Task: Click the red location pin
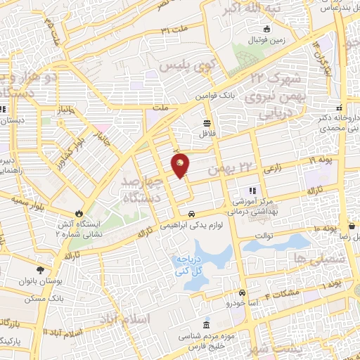click(x=181, y=164)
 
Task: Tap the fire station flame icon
click(x=79, y=212)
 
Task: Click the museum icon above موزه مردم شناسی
click(x=205, y=326)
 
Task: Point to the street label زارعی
click(x=273, y=169)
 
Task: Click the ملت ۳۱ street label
click(x=175, y=30)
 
